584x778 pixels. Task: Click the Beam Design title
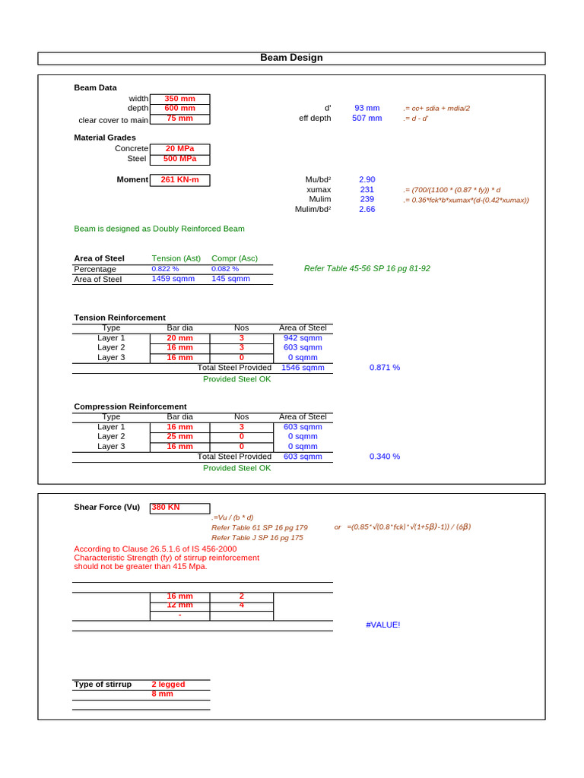[291, 58]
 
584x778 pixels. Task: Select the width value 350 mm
[179, 99]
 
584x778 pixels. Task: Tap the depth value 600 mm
[179, 108]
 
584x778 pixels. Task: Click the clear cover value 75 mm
[179, 119]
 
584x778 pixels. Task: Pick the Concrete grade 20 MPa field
[179, 149]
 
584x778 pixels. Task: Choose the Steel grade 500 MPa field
[179, 159]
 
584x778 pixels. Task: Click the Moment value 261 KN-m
[179, 180]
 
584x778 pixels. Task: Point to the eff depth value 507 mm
[367, 119]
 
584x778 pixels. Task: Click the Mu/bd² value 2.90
[367, 180]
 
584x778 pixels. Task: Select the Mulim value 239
[367, 199]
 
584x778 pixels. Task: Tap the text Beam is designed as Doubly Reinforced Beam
[159, 229]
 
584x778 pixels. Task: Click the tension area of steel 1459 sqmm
[173, 279]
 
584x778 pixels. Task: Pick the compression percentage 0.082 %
[225, 269]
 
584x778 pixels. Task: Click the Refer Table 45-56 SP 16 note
[367, 269]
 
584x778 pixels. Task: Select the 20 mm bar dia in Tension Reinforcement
[179, 338]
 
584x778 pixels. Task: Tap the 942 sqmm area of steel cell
[303, 338]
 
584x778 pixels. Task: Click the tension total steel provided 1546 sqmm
[303, 368]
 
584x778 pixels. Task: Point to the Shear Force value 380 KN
[166, 508]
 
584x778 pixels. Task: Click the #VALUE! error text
[382, 625]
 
